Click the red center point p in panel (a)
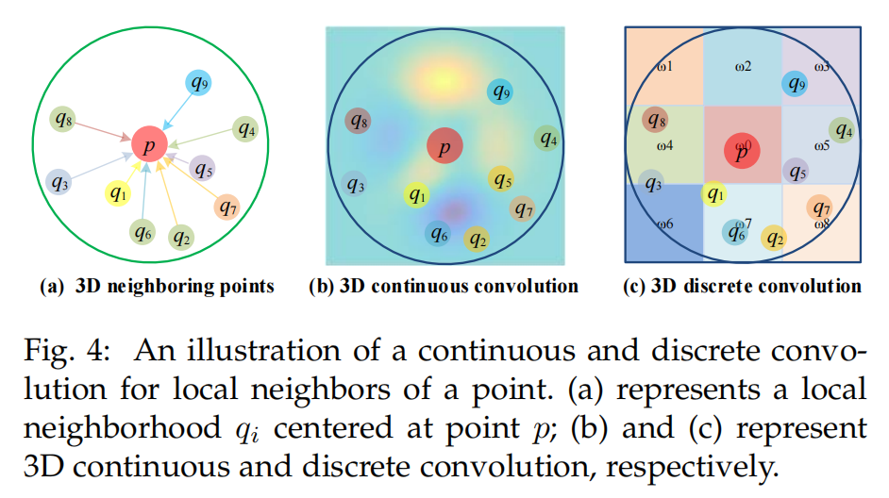[149, 143]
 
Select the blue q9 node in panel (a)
[198, 84]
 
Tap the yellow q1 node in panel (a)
[116, 194]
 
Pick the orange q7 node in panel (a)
[226, 206]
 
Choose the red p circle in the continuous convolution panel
[444, 145]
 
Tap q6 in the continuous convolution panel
[437, 232]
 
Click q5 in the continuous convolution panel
[501, 178]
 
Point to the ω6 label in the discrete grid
[664, 224]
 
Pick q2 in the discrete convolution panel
[775, 238]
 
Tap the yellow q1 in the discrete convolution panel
[714, 194]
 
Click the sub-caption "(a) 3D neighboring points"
[156, 287]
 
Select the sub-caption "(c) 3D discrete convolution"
[743, 287]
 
